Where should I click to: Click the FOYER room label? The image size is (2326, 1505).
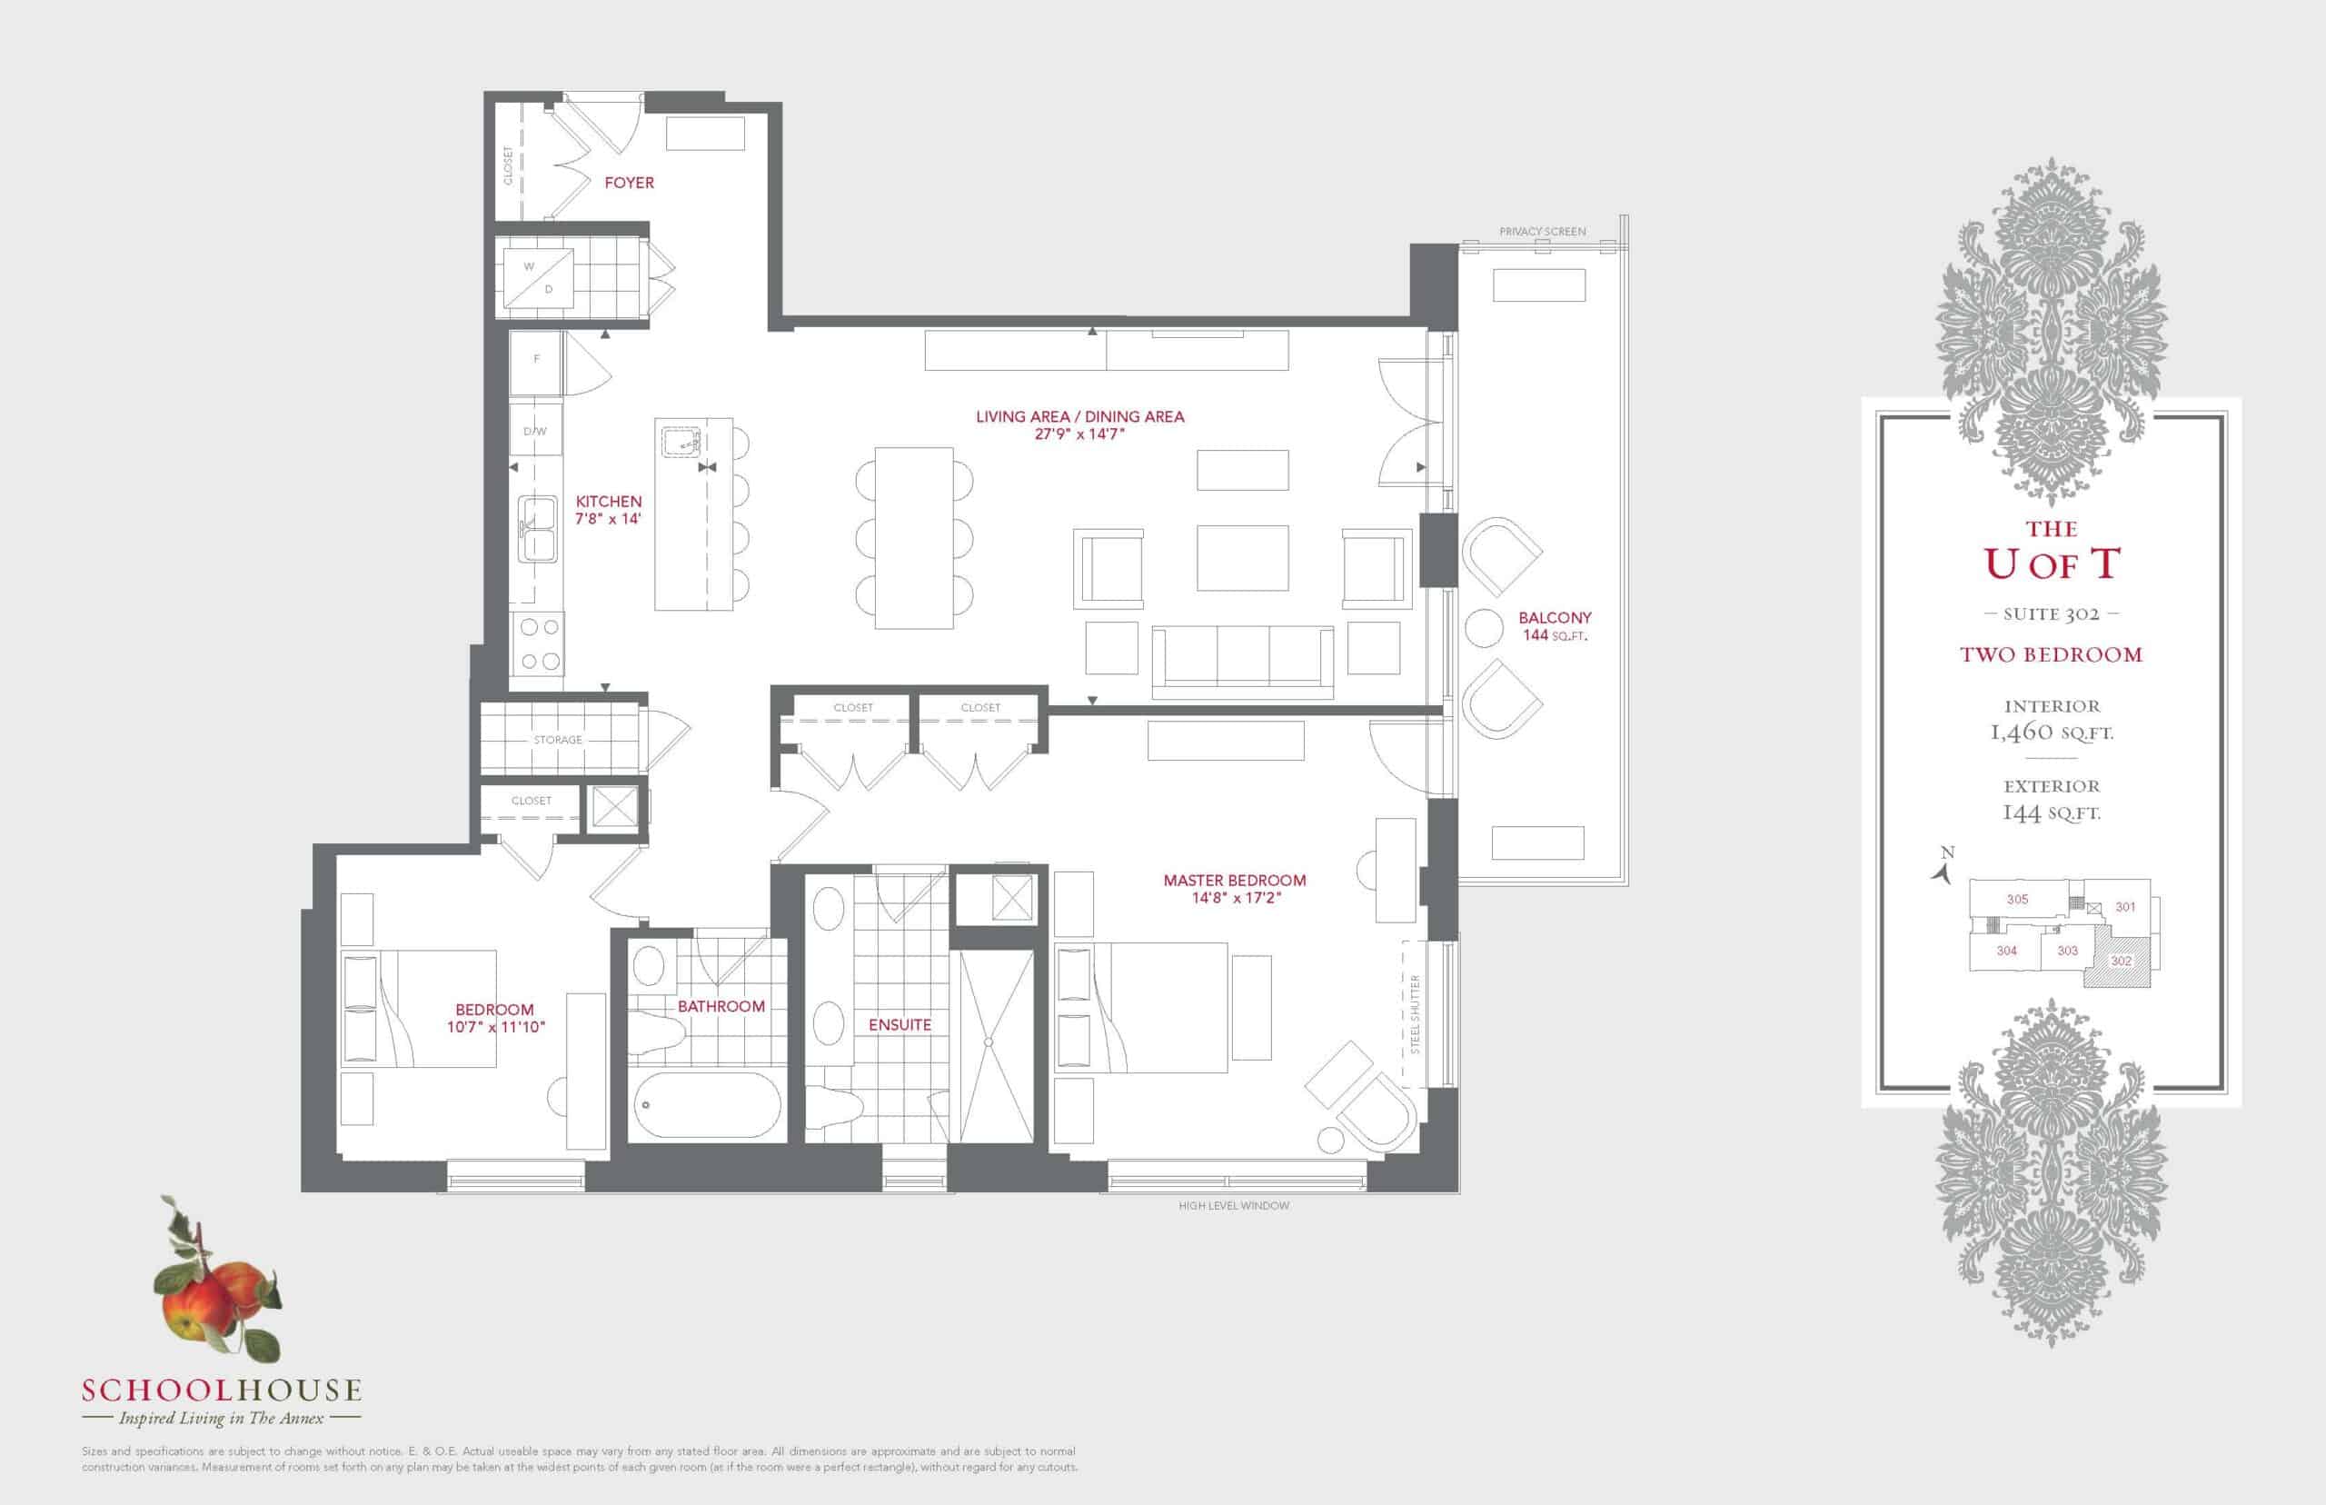(629, 183)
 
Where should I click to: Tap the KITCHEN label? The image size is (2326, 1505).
(609, 502)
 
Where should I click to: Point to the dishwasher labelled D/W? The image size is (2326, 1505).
(535, 430)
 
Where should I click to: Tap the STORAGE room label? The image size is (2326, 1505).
(558, 740)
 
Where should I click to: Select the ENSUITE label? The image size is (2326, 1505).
(900, 1025)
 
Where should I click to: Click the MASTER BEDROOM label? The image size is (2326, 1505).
(1235, 881)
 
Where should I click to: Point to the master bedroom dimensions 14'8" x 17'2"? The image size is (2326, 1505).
(1235, 898)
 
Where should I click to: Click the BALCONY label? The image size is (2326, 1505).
(1556, 618)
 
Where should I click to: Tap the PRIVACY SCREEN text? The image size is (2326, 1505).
(1543, 232)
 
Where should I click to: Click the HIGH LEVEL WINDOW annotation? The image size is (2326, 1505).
(1234, 1206)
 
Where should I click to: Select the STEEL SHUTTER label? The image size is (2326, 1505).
(1416, 1013)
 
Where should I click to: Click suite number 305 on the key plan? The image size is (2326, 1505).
(2017, 899)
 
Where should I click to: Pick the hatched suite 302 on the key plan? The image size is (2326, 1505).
(2120, 962)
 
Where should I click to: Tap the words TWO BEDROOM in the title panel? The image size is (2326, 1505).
(2051, 654)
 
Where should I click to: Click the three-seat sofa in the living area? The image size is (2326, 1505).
(1243, 662)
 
